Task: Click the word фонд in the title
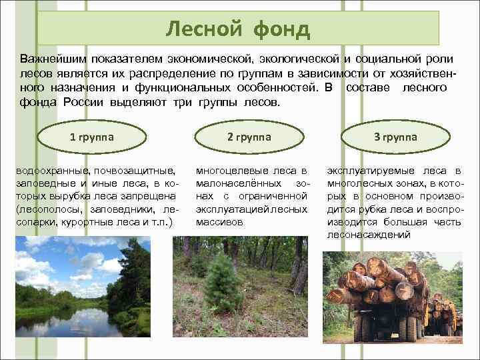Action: point(282,29)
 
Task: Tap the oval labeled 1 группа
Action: point(92,137)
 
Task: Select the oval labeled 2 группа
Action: point(249,137)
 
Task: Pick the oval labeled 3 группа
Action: point(395,137)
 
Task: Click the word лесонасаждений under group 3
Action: point(369,235)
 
